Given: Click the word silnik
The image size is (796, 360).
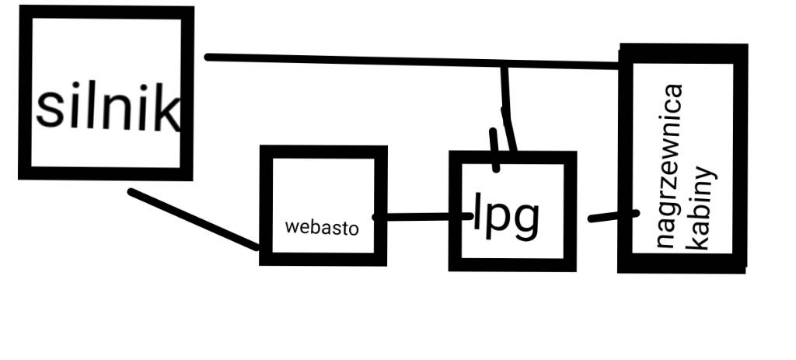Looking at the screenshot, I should tap(109, 108).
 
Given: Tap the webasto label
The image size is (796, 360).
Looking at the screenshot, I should tap(322, 228).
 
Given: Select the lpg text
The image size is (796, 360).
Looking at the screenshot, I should tap(506, 217).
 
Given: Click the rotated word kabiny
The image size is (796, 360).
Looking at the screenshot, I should tap(702, 206).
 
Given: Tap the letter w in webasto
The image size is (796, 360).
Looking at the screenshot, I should tap(292, 228).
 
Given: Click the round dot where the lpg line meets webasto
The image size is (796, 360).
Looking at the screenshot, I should tap(379, 218).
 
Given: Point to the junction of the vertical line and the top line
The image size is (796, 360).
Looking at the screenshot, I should tap(504, 65).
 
